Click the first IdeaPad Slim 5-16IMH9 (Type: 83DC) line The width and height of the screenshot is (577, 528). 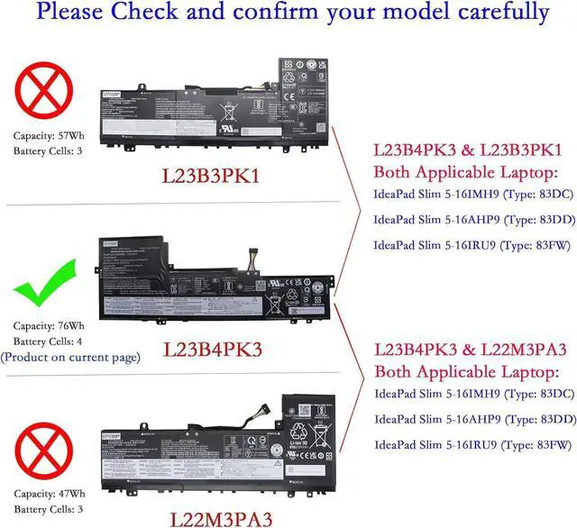[x=472, y=196]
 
